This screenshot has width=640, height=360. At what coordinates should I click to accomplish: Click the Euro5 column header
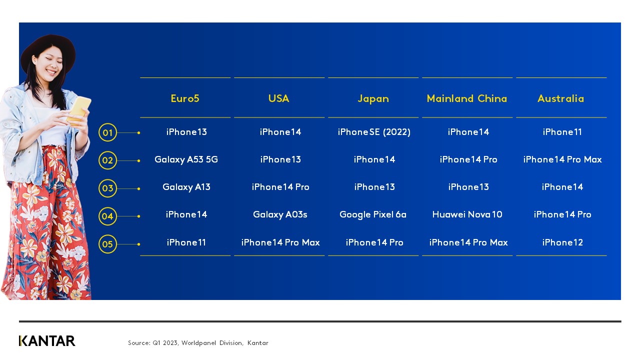pyautogui.click(x=185, y=98)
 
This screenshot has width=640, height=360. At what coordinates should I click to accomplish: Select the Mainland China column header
pyautogui.click(x=467, y=98)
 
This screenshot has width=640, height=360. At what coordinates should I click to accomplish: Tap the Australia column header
pyautogui.click(x=560, y=98)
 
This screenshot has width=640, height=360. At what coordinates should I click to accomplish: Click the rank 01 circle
pyautogui.click(x=107, y=133)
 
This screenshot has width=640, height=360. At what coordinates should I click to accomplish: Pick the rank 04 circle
pyautogui.click(x=107, y=216)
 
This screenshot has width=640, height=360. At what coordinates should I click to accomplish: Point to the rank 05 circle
pyautogui.click(x=107, y=244)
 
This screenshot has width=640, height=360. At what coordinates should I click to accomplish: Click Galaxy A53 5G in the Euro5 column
pyautogui.click(x=186, y=159)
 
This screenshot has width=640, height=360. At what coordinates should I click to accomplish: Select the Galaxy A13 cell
pyautogui.click(x=186, y=187)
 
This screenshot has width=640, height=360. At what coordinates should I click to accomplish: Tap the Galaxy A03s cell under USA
pyautogui.click(x=280, y=214)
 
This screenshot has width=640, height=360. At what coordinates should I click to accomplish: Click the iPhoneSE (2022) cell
pyautogui.click(x=374, y=132)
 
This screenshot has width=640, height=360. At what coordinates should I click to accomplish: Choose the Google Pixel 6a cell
pyautogui.click(x=373, y=214)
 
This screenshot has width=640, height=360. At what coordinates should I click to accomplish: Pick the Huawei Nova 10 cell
pyautogui.click(x=467, y=214)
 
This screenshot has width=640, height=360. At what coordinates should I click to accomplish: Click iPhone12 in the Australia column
pyautogui.click(x=562, y=242)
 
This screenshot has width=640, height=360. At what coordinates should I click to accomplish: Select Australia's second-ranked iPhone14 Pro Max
pyautogui.click(x=562, y=159)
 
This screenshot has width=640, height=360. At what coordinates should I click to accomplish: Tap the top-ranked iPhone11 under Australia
pyautogui.click(x=562, y=132)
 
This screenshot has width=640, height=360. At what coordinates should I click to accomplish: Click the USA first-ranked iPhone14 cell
pyautogui.click(x=280, y=132)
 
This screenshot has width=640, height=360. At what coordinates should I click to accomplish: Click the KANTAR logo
pyautogui.click(x=47, y=341)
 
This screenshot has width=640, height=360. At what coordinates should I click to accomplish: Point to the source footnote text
pyautogui.click(x=198, y=343)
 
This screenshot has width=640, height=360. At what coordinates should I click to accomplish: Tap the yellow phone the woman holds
pyautogui.click(x=80, y=108)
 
